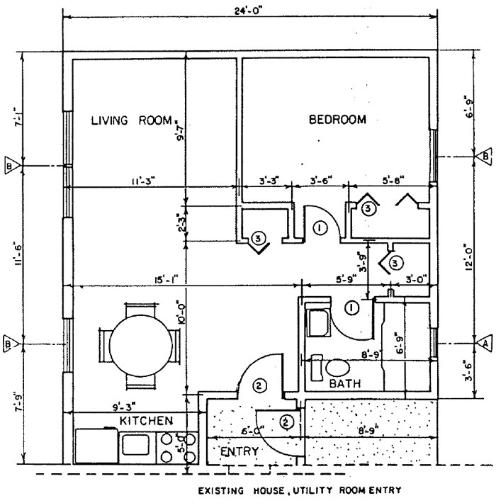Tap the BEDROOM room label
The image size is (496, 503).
coord(337,120)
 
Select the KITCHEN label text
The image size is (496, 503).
coord(145,421)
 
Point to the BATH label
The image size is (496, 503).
coord(345,383)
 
